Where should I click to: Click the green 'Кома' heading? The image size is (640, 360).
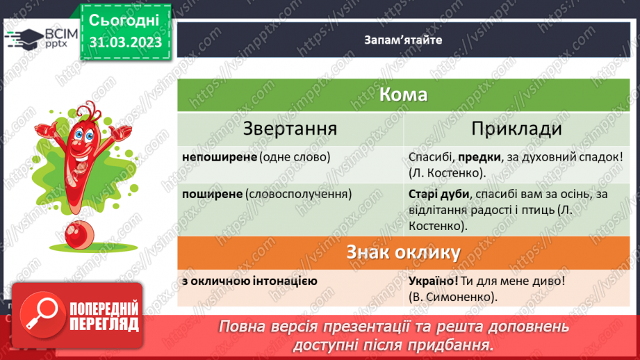click(x=403, y=95)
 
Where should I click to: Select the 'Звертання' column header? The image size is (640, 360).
click(x=290, y=129)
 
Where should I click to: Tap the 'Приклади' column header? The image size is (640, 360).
click(x=516, y=129)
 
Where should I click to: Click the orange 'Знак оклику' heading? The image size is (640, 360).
click(x=403, y=253)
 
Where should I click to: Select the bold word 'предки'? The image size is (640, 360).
click(x=466, y=156)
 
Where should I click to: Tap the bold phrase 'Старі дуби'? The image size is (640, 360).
click(x=436, y=194)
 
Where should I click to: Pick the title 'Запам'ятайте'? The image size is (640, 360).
click(x=403, y=40)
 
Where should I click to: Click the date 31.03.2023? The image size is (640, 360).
click(x=125, y=43)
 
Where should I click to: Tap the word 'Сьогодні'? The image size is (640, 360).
click(x=125, y=20)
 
